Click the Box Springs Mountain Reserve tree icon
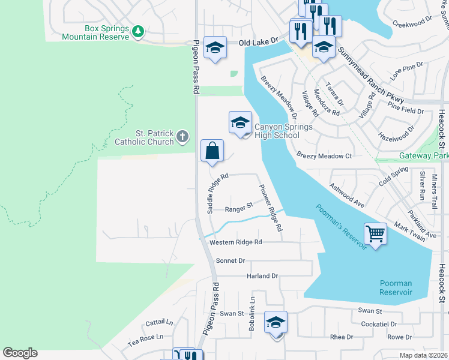pos(138,30)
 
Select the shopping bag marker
pos(212,151)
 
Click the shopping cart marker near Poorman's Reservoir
pos(375,233)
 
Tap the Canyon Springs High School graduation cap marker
pos(240,123)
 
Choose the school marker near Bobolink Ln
pos(276,322)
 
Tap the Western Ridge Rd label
pos(236,242)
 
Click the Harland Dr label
pos(262,276)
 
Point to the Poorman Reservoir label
pos(396,287)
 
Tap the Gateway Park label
pos(424,156)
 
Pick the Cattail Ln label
pos(158,323)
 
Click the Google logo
pos(20,353)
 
